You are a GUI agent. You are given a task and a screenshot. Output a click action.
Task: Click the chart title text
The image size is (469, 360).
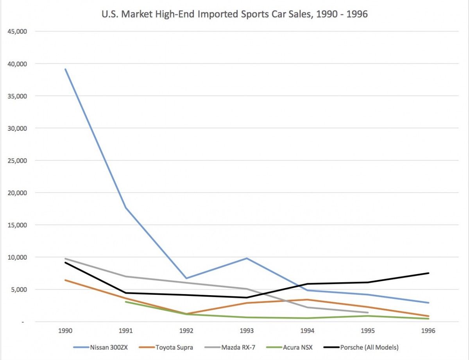234,14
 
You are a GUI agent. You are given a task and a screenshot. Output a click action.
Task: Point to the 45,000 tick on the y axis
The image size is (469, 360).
17,32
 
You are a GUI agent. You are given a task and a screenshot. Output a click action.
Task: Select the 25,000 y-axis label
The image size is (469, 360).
17,160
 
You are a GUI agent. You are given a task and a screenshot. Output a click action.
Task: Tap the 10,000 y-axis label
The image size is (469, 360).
17,257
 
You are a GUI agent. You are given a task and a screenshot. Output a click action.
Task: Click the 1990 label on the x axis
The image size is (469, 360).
65,330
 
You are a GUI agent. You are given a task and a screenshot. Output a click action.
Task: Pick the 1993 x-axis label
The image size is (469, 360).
247,330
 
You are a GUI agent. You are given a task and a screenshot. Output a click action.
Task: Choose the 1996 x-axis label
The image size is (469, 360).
428,330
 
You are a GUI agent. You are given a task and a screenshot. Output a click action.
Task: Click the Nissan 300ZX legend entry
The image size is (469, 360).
100,348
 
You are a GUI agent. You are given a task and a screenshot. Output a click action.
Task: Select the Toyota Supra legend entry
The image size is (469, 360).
166,348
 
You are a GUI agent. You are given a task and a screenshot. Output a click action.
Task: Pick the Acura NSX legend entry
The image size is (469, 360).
290,348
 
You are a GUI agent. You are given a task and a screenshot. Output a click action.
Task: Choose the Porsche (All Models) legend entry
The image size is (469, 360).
361,348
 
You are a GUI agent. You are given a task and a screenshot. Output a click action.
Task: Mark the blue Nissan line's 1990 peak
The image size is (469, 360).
65,69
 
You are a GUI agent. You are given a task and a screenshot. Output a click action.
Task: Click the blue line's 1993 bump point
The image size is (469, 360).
247,258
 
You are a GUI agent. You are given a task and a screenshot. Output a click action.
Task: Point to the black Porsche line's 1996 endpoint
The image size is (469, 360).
428,273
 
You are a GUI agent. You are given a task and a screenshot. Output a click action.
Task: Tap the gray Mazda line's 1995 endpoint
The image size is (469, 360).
368,312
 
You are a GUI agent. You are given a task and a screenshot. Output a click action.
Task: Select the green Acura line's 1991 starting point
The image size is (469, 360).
126,302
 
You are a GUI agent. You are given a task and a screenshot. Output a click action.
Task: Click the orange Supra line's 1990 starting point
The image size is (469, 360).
65,280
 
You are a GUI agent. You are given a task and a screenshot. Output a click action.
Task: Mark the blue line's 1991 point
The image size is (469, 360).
126,208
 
